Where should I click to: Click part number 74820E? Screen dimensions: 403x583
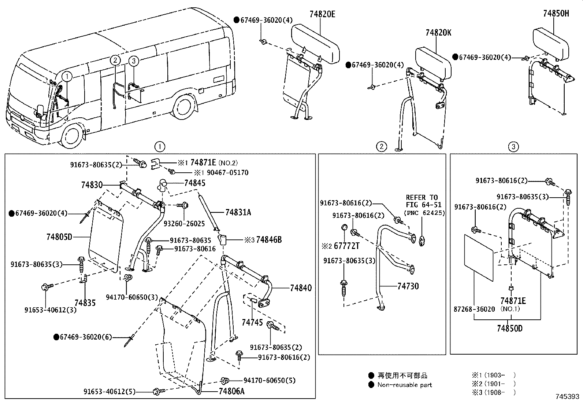tap(322, 14)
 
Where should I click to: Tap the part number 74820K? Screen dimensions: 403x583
tap(438, 33)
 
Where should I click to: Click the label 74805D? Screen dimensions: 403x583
tap(59, 237)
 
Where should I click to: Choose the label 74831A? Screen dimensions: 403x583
tap(238, 212)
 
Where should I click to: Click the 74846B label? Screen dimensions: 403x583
tap(269, 240)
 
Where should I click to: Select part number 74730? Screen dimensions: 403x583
tap(408, 286)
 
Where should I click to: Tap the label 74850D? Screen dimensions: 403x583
tap(509, 328)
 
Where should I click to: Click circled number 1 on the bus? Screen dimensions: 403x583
tap(67, 77)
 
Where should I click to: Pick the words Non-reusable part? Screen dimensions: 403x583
tap(405, 385)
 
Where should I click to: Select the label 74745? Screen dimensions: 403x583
tap(252, 322)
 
